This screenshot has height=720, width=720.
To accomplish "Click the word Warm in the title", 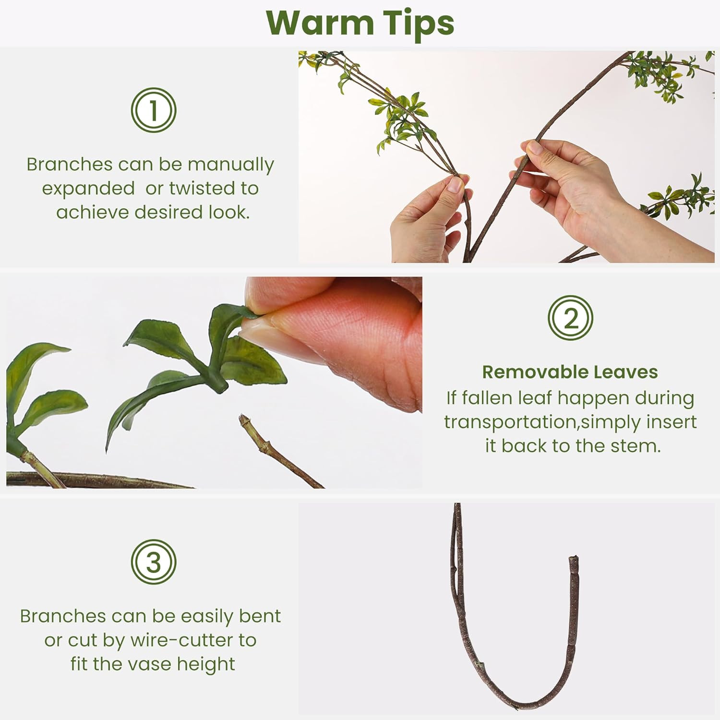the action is point(320,23).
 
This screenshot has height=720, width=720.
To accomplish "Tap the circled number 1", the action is point(154,110).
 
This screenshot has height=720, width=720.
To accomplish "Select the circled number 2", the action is point(571,318).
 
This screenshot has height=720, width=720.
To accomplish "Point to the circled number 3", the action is point(154,562).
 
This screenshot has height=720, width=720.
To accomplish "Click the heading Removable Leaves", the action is point(570,372).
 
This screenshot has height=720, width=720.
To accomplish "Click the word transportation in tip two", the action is point(510,422).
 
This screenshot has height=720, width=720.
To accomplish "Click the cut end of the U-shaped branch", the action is point(574,560).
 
